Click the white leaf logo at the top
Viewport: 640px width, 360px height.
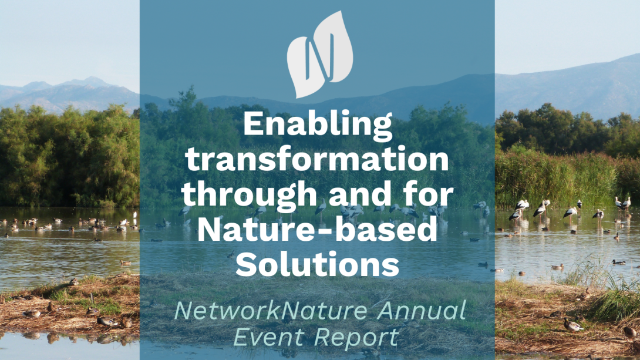tap(319, 55)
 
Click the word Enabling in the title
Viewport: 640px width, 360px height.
tap(318, 125)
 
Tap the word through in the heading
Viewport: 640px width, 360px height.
tap(250, 193)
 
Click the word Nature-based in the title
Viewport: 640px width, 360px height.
tap(317, 228)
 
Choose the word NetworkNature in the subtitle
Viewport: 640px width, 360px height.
tap(271, 311)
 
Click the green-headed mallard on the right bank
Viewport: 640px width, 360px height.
tap(573, 325)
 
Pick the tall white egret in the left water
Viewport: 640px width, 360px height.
tap(134, 215)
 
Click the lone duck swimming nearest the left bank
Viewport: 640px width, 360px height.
tap(125, 263)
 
